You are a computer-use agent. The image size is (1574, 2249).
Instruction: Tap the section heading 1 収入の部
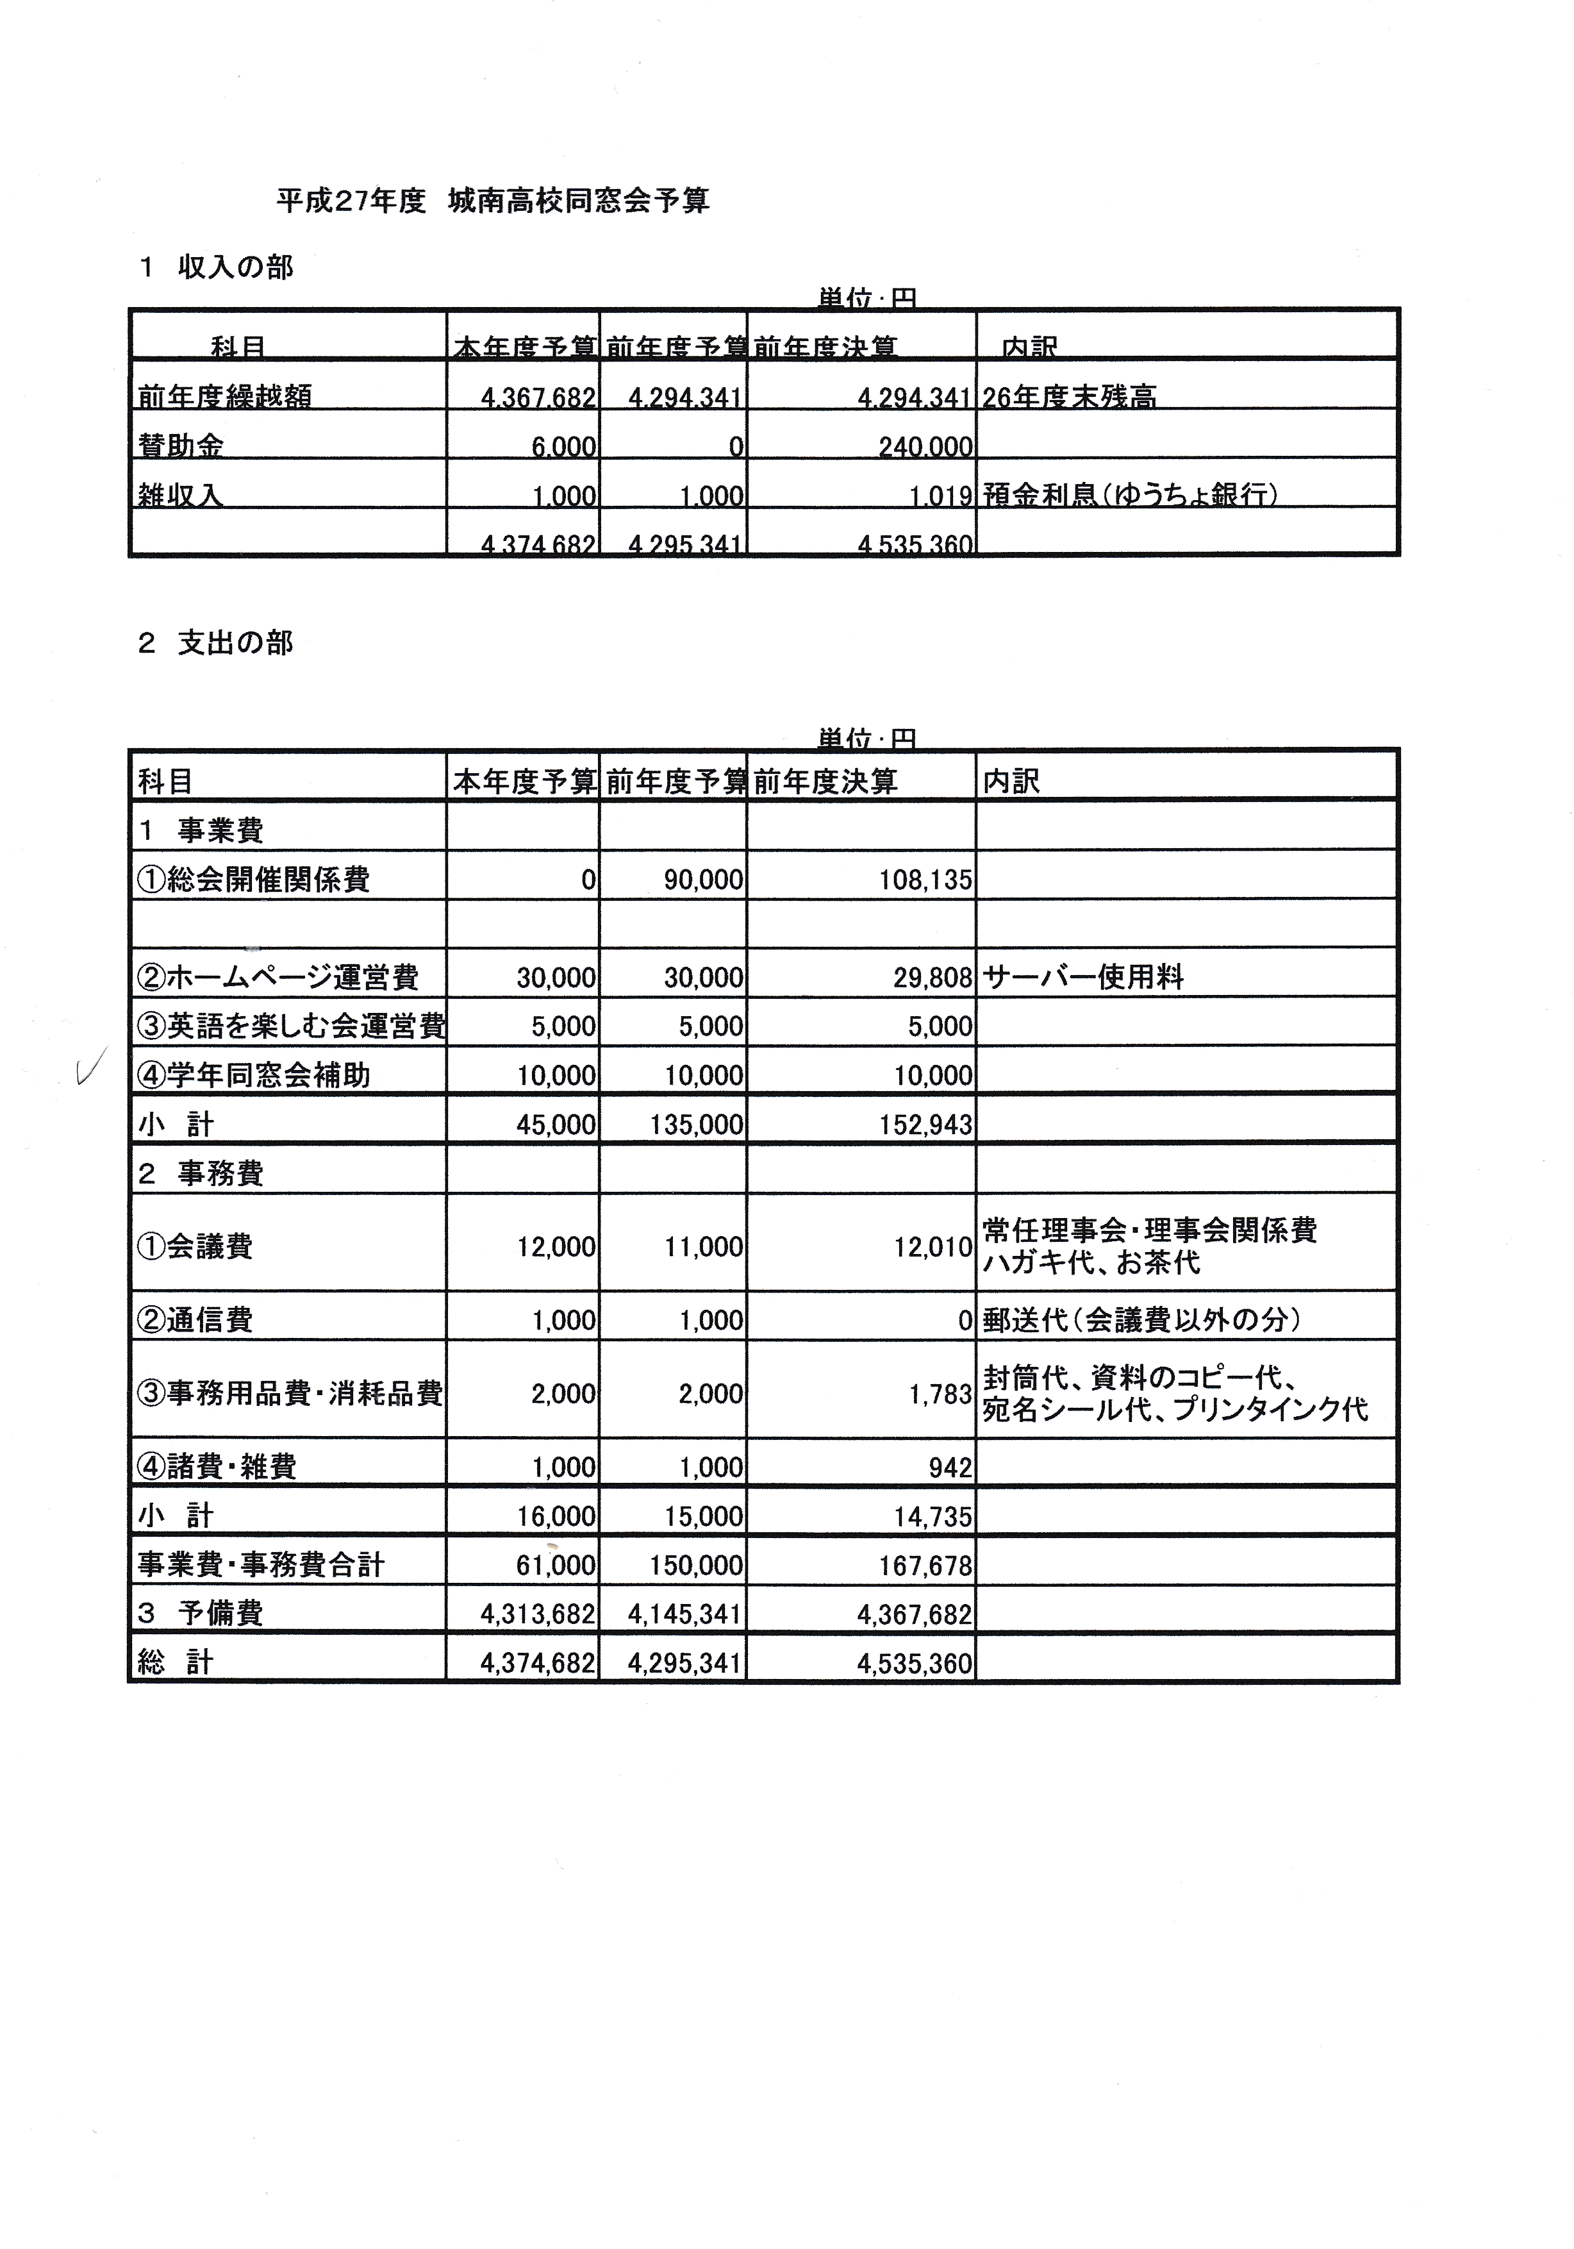coord(215,267)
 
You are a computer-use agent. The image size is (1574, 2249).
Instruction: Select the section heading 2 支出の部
coord(215,644)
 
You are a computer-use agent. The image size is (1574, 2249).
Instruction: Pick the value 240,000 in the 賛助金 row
coord(925,447)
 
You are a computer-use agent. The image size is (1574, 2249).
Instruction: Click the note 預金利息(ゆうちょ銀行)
coord(1129,495)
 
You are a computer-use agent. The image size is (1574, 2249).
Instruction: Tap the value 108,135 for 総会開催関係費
coord(925,880)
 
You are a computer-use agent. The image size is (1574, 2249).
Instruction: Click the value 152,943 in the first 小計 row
coord(925,1124)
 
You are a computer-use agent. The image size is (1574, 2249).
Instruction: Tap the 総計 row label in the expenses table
coord(176,1662)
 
